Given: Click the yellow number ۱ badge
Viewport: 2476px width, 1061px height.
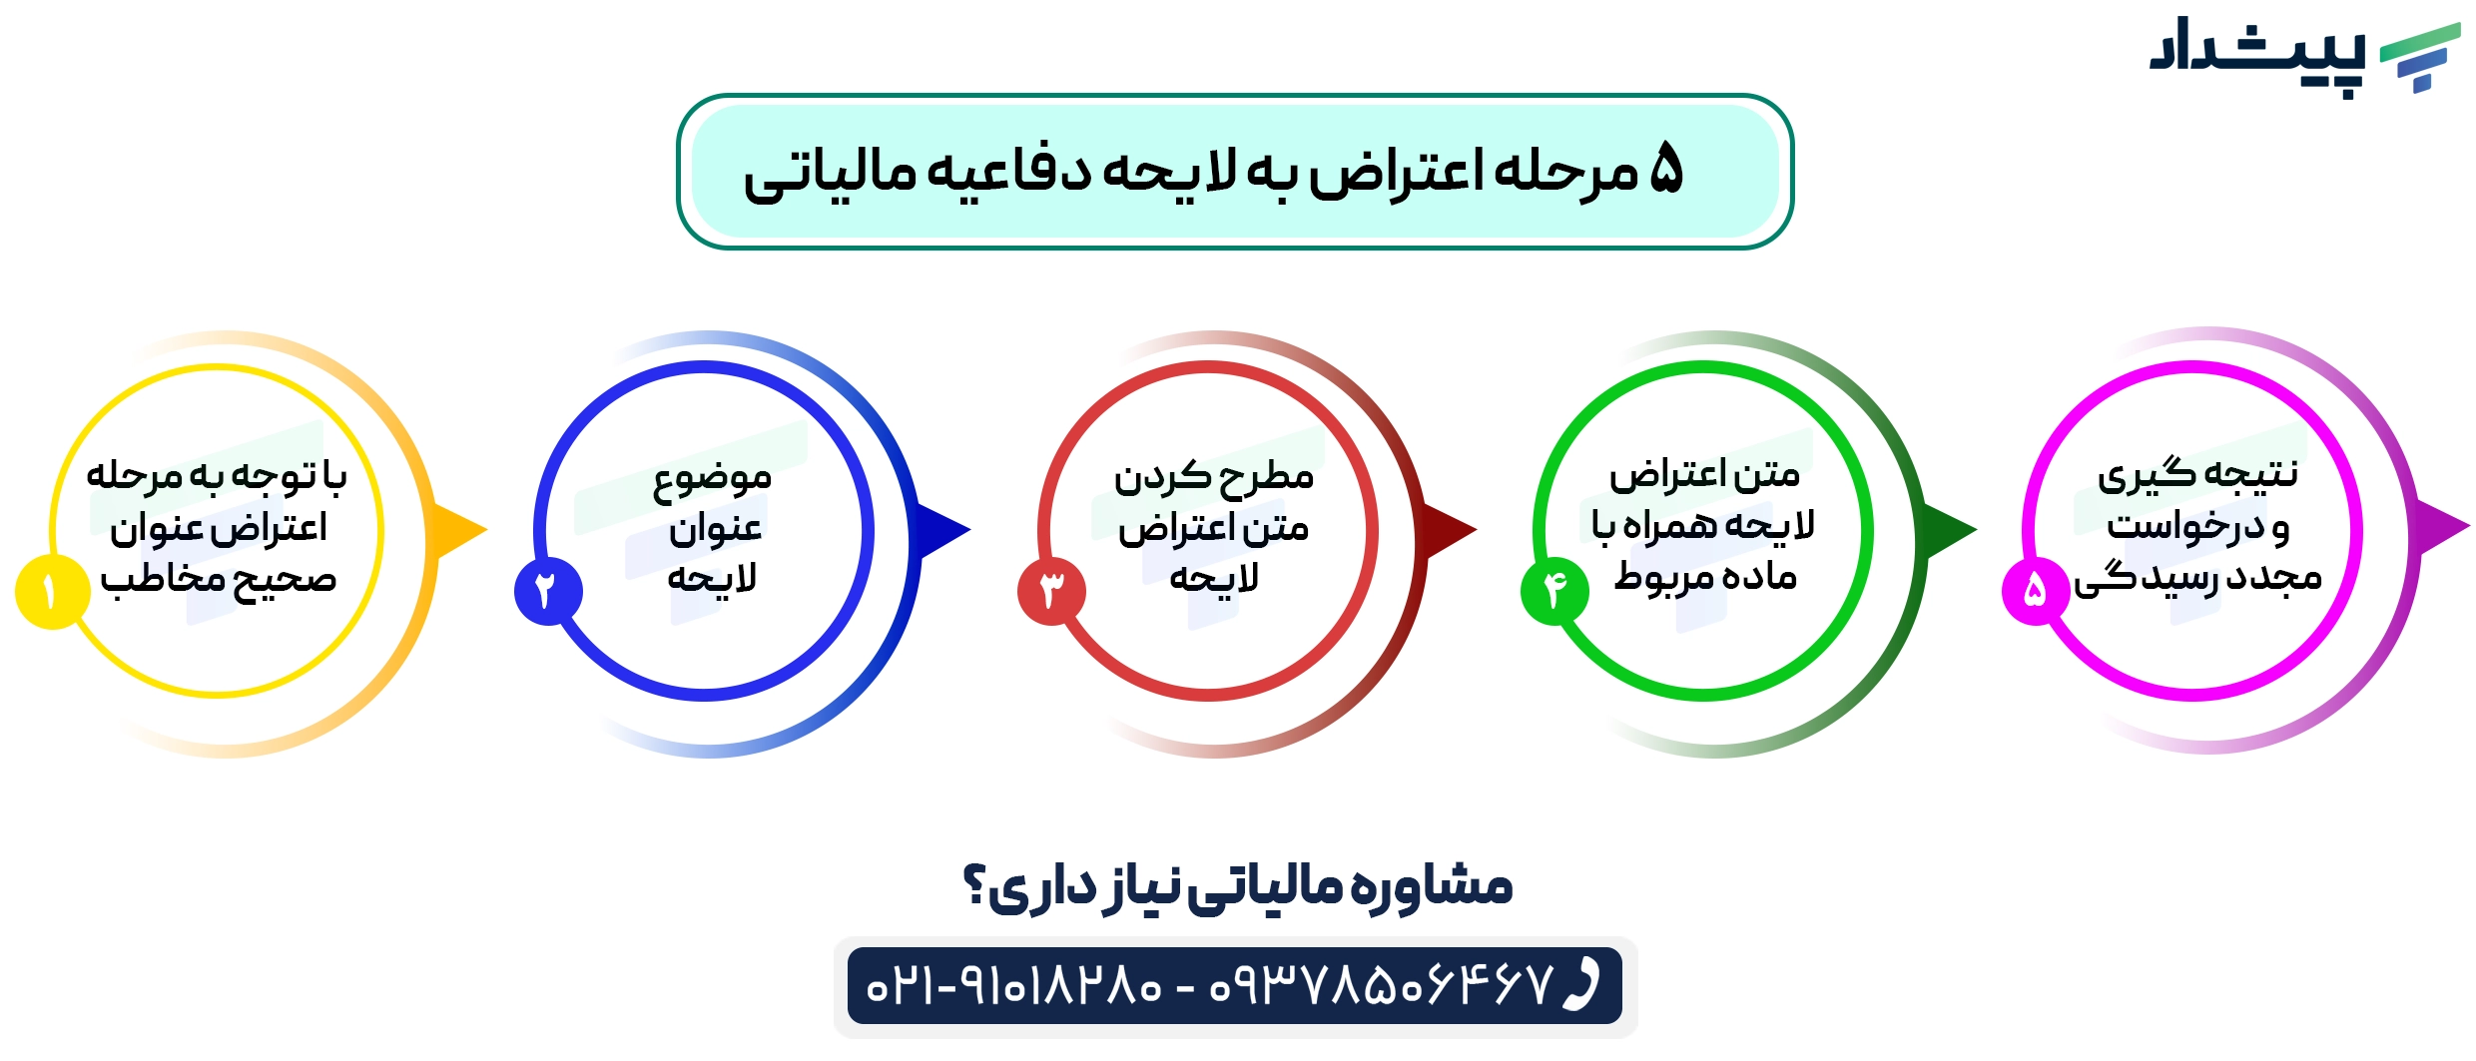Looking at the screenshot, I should pos(50,592).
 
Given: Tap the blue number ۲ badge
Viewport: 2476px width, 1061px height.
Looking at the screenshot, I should pos(547,591).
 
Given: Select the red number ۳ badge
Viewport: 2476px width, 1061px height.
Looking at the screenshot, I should pos(1050,591).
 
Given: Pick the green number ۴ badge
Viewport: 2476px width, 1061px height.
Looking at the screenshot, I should pos(1553,591).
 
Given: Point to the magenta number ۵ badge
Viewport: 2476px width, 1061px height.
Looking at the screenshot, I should pos(2035,591).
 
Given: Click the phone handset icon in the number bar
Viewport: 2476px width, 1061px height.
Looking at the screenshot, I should pos(1581,985).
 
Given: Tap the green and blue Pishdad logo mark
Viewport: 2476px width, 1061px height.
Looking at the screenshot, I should pos(2420,58).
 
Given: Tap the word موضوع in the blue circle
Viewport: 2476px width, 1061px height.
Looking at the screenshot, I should pos(712,478).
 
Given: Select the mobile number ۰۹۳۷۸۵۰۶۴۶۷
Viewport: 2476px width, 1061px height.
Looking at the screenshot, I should pos(1382,986).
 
